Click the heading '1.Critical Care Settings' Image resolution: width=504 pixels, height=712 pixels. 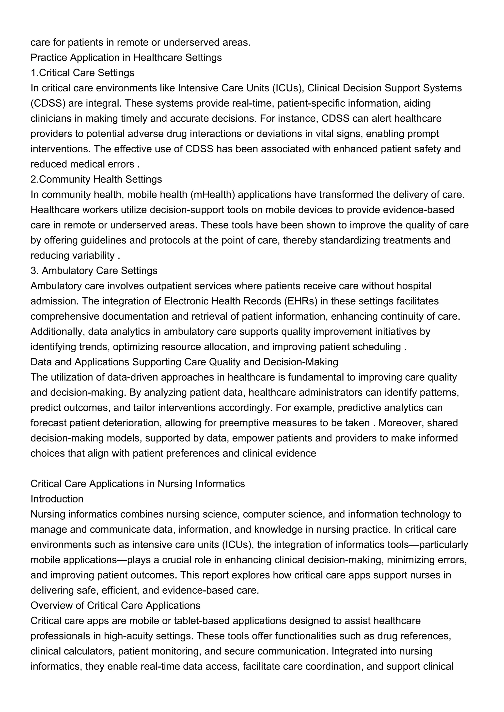[x=82, y=73]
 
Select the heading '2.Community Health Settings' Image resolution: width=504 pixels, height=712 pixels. [x=96, y=179]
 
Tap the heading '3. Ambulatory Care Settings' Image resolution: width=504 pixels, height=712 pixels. [x=94, y=271]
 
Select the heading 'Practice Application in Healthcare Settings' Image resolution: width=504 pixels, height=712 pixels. [x=126, y=58]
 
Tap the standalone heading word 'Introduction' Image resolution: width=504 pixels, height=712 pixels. [x=57, y=499]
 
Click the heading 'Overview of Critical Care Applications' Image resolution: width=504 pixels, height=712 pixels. [x=115, y=605]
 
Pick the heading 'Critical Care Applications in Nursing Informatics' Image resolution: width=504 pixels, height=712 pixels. [x=138, y=484]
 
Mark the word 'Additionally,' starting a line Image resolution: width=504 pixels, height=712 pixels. [x=58, y=331]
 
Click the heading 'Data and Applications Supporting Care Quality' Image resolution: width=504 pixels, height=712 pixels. [x=184, y=362]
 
